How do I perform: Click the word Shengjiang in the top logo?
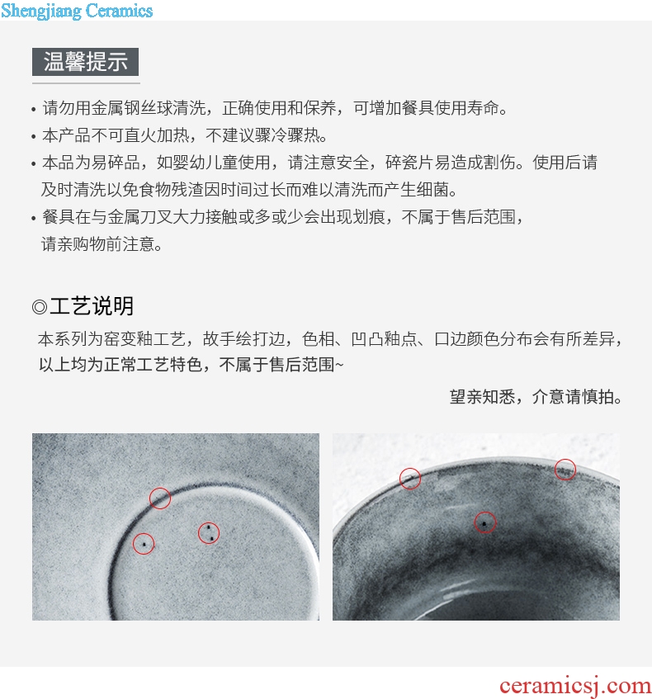41,11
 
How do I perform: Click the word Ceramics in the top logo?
119,10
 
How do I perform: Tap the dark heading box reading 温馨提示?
85,62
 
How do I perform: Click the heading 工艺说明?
92,306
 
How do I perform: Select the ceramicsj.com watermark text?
575,686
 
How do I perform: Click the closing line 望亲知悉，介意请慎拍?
536,396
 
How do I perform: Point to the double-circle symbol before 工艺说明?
40,307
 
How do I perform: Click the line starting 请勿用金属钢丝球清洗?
275,108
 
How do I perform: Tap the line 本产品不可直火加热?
185,135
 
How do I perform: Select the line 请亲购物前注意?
102,243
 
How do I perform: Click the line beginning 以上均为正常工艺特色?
191,365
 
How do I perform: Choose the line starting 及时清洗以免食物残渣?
249,190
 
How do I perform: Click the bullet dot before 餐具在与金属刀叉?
34,219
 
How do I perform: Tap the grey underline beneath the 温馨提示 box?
86,83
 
